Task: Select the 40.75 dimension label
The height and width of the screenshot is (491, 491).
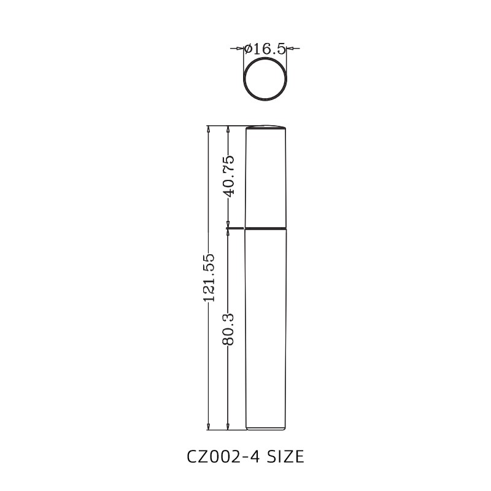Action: click(x=228, y=176)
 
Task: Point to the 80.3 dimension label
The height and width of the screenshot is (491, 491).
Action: click(x=228, y=329)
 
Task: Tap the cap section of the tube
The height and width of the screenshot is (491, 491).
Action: click(x=266, y=178)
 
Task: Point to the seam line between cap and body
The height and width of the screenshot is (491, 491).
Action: click(x=266, y=228)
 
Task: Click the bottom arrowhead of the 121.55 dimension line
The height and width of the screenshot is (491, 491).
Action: click(x=209, y=425)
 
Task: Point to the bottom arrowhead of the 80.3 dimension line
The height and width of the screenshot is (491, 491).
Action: click(x=228, y=425)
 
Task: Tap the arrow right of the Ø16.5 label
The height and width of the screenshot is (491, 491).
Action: click(x=290, y=48)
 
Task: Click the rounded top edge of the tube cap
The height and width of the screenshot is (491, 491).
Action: click(x=266, y=127)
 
